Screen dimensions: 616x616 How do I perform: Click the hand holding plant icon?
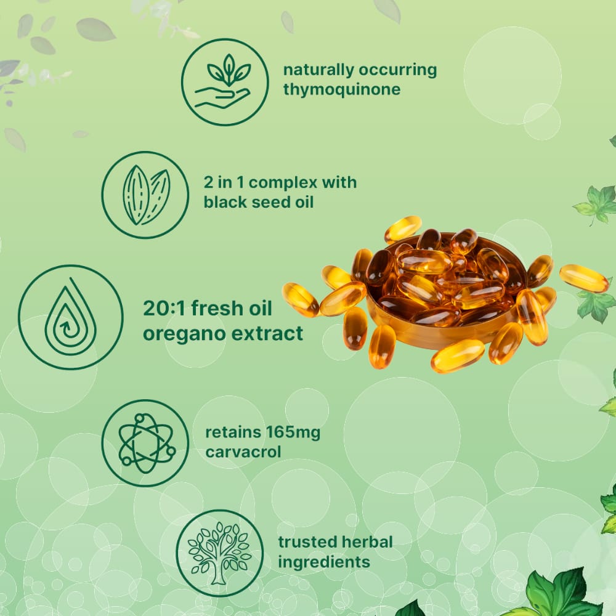tap(224, 82)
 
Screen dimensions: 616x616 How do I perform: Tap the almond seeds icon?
tap(145, 195)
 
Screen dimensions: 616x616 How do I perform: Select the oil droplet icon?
tap(70, 317)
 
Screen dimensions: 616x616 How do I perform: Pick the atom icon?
tap(145, 443)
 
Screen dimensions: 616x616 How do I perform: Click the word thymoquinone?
tap(342, 89)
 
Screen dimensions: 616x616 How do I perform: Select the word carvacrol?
tap(243, 452)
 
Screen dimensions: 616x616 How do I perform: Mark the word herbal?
tap(367, 542)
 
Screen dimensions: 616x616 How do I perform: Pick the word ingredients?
tap(324, 562)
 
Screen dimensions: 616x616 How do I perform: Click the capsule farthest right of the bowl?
tap(583, 278)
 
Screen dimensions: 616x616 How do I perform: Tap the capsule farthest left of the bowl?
tap(301, 299)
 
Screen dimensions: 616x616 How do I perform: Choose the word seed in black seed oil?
tap(265, 202)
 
